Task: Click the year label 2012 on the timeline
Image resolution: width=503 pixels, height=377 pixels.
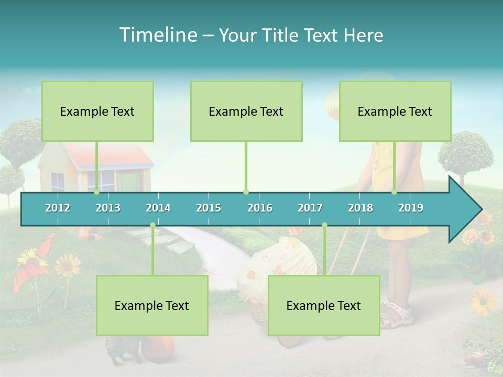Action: click(58, 208)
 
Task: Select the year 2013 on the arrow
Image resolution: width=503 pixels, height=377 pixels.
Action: click(108, 208)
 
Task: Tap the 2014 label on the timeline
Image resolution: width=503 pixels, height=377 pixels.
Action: click(158, 208)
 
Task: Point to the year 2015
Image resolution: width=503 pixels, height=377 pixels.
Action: click(209, 208)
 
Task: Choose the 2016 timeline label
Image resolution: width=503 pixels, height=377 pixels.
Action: click(260, 208)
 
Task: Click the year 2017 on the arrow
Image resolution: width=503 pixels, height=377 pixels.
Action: click(310, 208)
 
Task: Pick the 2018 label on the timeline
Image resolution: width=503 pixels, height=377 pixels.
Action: click(360, 208)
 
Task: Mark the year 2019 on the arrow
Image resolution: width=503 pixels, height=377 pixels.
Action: click(411, 208)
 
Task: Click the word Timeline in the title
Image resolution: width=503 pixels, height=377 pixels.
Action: click(158, 35)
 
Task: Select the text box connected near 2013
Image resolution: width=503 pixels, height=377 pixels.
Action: click(97, 111)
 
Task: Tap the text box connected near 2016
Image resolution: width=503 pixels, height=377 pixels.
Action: click(246, 111)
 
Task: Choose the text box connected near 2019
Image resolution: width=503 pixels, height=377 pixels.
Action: click(395, 111)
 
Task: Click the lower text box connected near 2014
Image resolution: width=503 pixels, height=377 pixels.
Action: click(152, 305)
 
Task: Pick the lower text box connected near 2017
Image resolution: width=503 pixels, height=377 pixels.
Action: click(324, 305)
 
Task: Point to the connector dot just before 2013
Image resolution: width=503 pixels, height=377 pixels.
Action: click(97, 192)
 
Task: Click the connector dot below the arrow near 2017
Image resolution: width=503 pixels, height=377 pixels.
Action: click(324, 225)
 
